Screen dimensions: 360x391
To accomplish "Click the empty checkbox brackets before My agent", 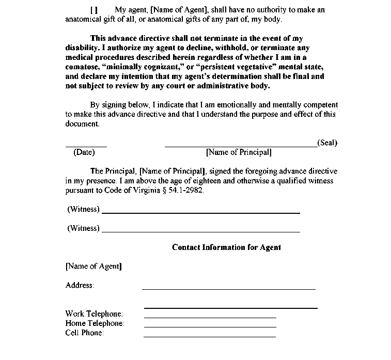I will click(x=93, y=10).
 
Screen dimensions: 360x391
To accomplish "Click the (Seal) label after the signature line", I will click(x=327, y=143).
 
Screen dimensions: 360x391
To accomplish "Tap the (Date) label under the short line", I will click(x=84, y=152).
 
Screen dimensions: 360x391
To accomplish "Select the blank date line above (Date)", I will click(x=86, y=147).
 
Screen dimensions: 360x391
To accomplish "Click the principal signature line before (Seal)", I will click(x=241, y=147).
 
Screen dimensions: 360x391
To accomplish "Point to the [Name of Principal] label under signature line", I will click(x=239, y=152).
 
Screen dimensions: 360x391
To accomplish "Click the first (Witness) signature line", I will click(x=200, y=212).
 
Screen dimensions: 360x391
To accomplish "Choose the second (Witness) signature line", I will click(x=200, y=231).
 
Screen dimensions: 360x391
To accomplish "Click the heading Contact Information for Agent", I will click(x=226, y=247).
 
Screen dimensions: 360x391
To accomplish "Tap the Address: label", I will click(x=80, y=285).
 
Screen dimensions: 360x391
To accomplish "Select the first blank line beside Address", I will click(x=228, y=289).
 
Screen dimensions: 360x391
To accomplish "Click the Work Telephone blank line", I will click(x=210, y=317).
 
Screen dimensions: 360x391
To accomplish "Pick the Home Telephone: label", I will click(x=95, y=323).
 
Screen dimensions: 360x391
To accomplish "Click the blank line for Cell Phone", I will click(x=210, y=336).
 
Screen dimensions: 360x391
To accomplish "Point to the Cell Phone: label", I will click(x=85, y=333).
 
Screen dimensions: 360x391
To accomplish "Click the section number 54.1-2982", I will click(x=187, y=190).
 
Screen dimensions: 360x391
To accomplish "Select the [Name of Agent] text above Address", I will click(x=94, y=267).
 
